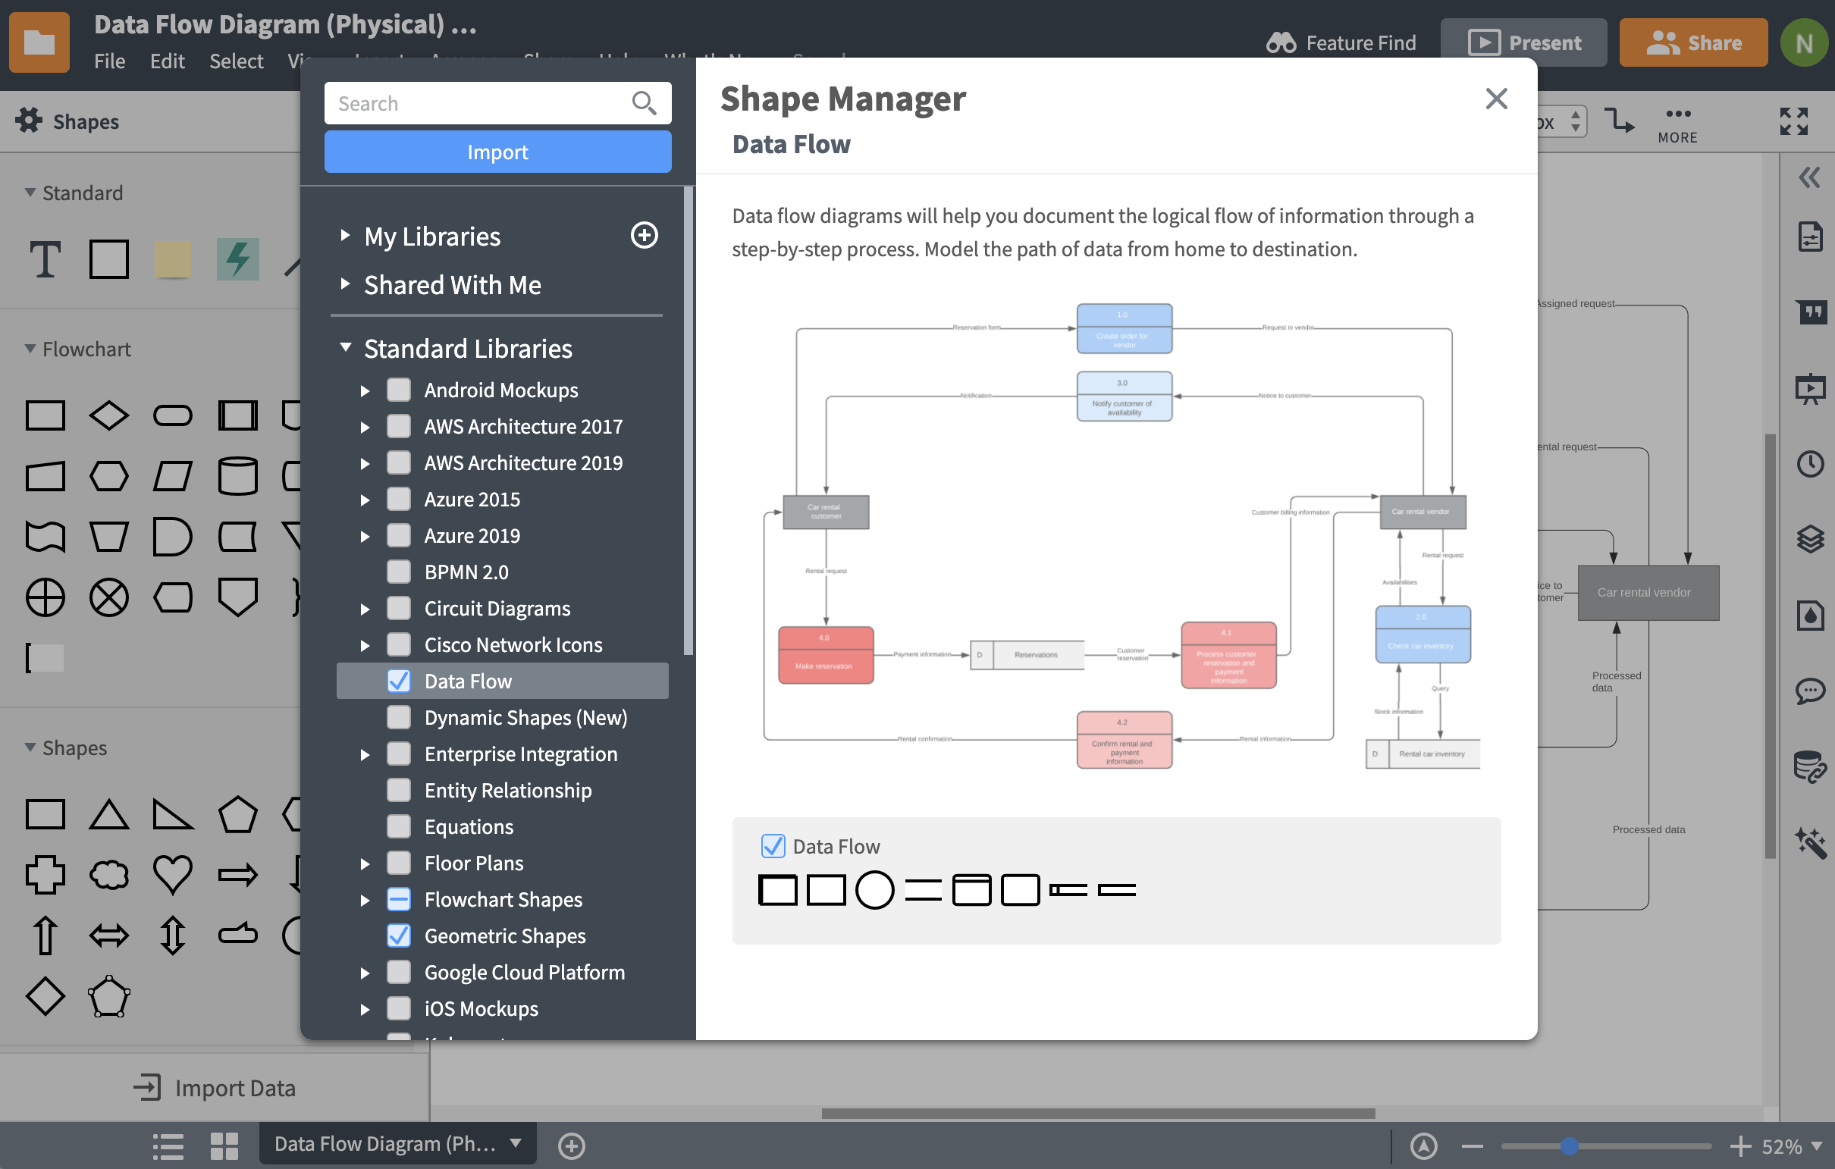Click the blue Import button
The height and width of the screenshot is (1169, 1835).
point(497,152)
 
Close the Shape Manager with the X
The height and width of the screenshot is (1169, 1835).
point(1496,99)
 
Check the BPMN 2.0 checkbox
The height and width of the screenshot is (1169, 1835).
point(399,572)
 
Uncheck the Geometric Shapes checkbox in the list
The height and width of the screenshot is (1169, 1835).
point(399,935)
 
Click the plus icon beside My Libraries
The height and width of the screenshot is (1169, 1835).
point(644,236)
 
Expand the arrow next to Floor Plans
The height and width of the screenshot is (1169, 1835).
point(365,863)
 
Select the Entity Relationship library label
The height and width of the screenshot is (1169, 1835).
point(507,790)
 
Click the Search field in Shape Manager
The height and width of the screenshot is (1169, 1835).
point(480,103)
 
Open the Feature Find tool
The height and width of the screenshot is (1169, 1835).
point(1341,42)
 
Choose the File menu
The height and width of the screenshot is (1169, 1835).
point(109,61)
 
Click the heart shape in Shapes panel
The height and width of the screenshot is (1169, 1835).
point(173,873)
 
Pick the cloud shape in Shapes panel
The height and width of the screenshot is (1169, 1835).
point(109,874)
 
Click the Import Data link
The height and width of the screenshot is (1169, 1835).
point(215,1087)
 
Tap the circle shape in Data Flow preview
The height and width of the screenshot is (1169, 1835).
point(874,889)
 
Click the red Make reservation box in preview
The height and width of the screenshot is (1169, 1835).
point(825,655)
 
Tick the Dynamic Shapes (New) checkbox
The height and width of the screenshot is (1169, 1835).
point(399,717)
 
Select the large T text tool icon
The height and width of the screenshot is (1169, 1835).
point(45,259)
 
